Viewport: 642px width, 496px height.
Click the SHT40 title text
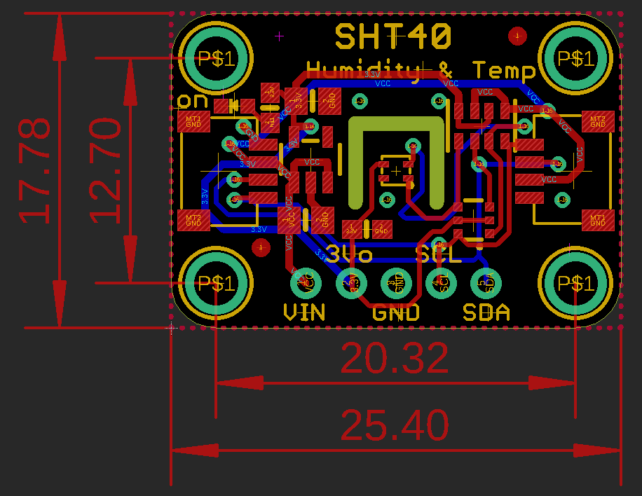[393, 36]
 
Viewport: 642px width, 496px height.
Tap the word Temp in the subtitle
[503, 70]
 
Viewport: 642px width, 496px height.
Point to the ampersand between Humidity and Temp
[446, 69]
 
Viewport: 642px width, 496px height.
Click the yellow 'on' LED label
[193, 100]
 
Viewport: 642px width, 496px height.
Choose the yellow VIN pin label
[304, 312]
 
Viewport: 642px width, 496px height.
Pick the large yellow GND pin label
[396, 312]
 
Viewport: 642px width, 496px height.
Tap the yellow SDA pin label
[486, 312]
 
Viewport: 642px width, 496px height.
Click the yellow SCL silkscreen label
[439, 254]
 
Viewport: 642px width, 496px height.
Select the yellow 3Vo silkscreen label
[349, 254]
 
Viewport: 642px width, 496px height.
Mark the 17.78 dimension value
[35, 170]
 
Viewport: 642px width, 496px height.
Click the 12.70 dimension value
[105, 170]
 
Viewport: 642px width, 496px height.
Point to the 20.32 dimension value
[395, 359]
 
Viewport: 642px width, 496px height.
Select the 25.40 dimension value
[395, 425]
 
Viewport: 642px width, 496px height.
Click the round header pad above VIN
[306, 283]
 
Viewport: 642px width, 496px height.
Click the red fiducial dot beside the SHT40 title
[517, 36]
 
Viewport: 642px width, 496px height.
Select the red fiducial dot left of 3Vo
[261, 247]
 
